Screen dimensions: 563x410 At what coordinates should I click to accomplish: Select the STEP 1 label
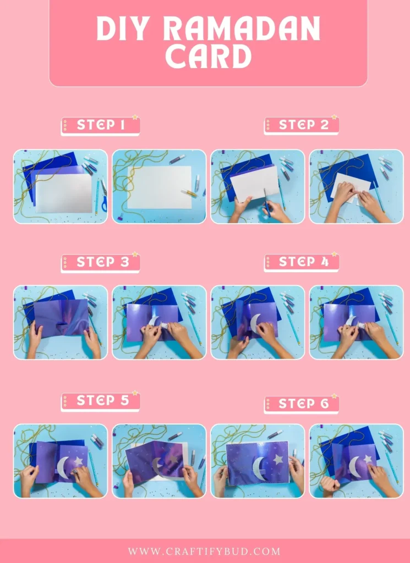[101, 125]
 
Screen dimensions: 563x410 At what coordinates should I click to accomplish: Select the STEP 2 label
[303, 125]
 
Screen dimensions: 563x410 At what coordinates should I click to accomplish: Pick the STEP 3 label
[101, 262]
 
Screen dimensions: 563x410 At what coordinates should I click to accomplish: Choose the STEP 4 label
[303, 262]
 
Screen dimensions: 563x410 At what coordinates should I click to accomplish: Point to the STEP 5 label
[101, 401]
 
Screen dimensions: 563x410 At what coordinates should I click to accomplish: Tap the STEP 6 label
[303, 404]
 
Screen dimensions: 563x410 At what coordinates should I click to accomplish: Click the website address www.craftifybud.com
[204, 551]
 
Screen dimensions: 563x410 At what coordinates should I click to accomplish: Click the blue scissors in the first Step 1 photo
[103, 203]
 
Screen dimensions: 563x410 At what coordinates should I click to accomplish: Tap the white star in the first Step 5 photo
[79, 461]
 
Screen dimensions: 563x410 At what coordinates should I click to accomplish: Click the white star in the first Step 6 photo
[277, 459]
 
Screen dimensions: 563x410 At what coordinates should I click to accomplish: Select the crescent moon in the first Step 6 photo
[258, 469]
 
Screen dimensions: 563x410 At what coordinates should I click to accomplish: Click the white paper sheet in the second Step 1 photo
[159, 187]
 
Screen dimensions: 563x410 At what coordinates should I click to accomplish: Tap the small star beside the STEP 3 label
[134, 255]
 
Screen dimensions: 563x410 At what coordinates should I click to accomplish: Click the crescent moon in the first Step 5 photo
[63, 468]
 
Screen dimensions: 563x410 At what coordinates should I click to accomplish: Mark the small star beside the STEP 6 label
[334, 396]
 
